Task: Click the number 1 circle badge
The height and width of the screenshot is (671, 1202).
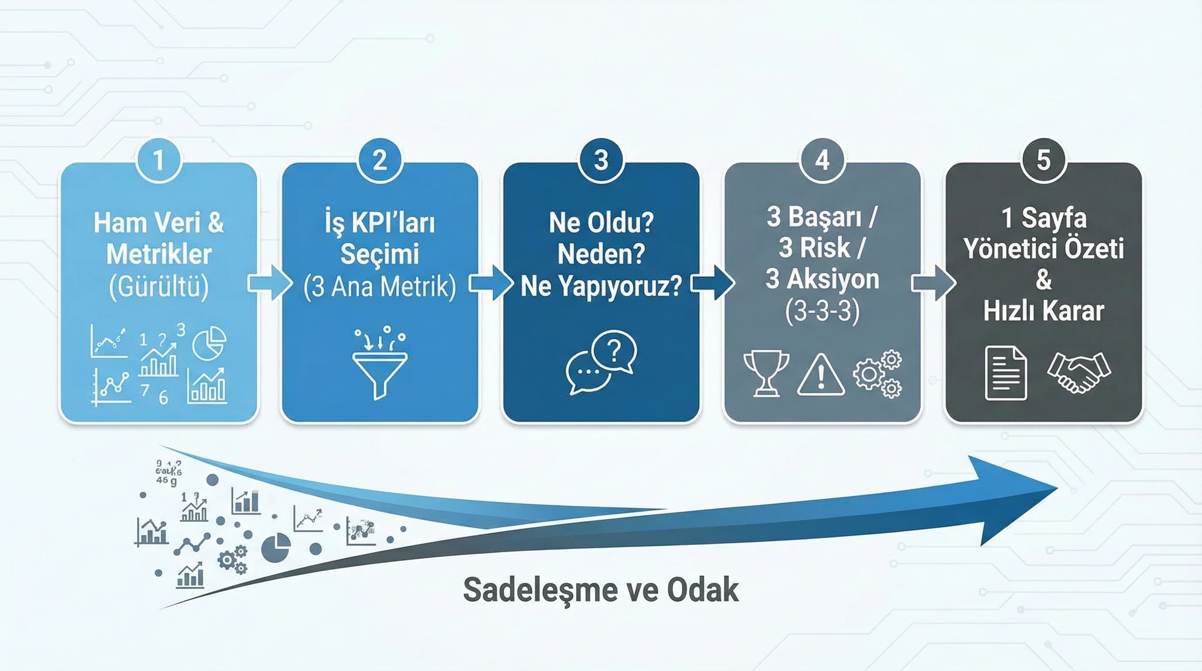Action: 159,160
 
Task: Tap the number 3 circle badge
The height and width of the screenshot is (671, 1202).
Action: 601,160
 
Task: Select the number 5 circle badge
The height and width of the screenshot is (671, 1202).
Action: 1043,160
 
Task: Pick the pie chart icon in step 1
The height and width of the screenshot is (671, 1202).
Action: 209,343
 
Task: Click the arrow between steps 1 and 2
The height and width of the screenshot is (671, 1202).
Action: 269,283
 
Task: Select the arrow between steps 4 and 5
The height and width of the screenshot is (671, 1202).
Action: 933,283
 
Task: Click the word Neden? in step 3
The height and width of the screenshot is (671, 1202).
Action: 601,254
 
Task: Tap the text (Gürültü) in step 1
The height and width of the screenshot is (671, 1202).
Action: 159,287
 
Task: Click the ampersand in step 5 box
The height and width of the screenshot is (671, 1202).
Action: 1043,280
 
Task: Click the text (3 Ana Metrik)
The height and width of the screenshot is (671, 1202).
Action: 380,287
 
